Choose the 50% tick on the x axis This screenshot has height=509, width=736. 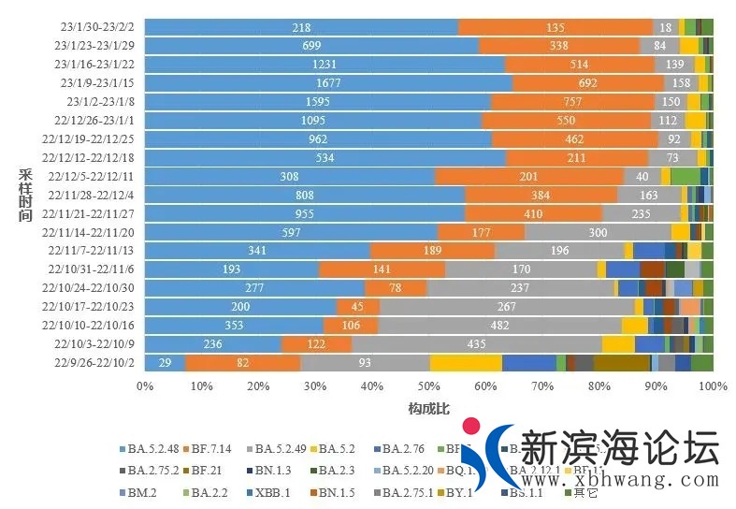(429, 385)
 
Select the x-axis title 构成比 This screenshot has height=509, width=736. (428, 408)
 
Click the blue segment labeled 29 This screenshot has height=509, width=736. (165, 362)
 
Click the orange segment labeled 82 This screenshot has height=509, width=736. (242, 362)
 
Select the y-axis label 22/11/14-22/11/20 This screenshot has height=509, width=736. (94, 232)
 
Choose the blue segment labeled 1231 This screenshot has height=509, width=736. (324, 65)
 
